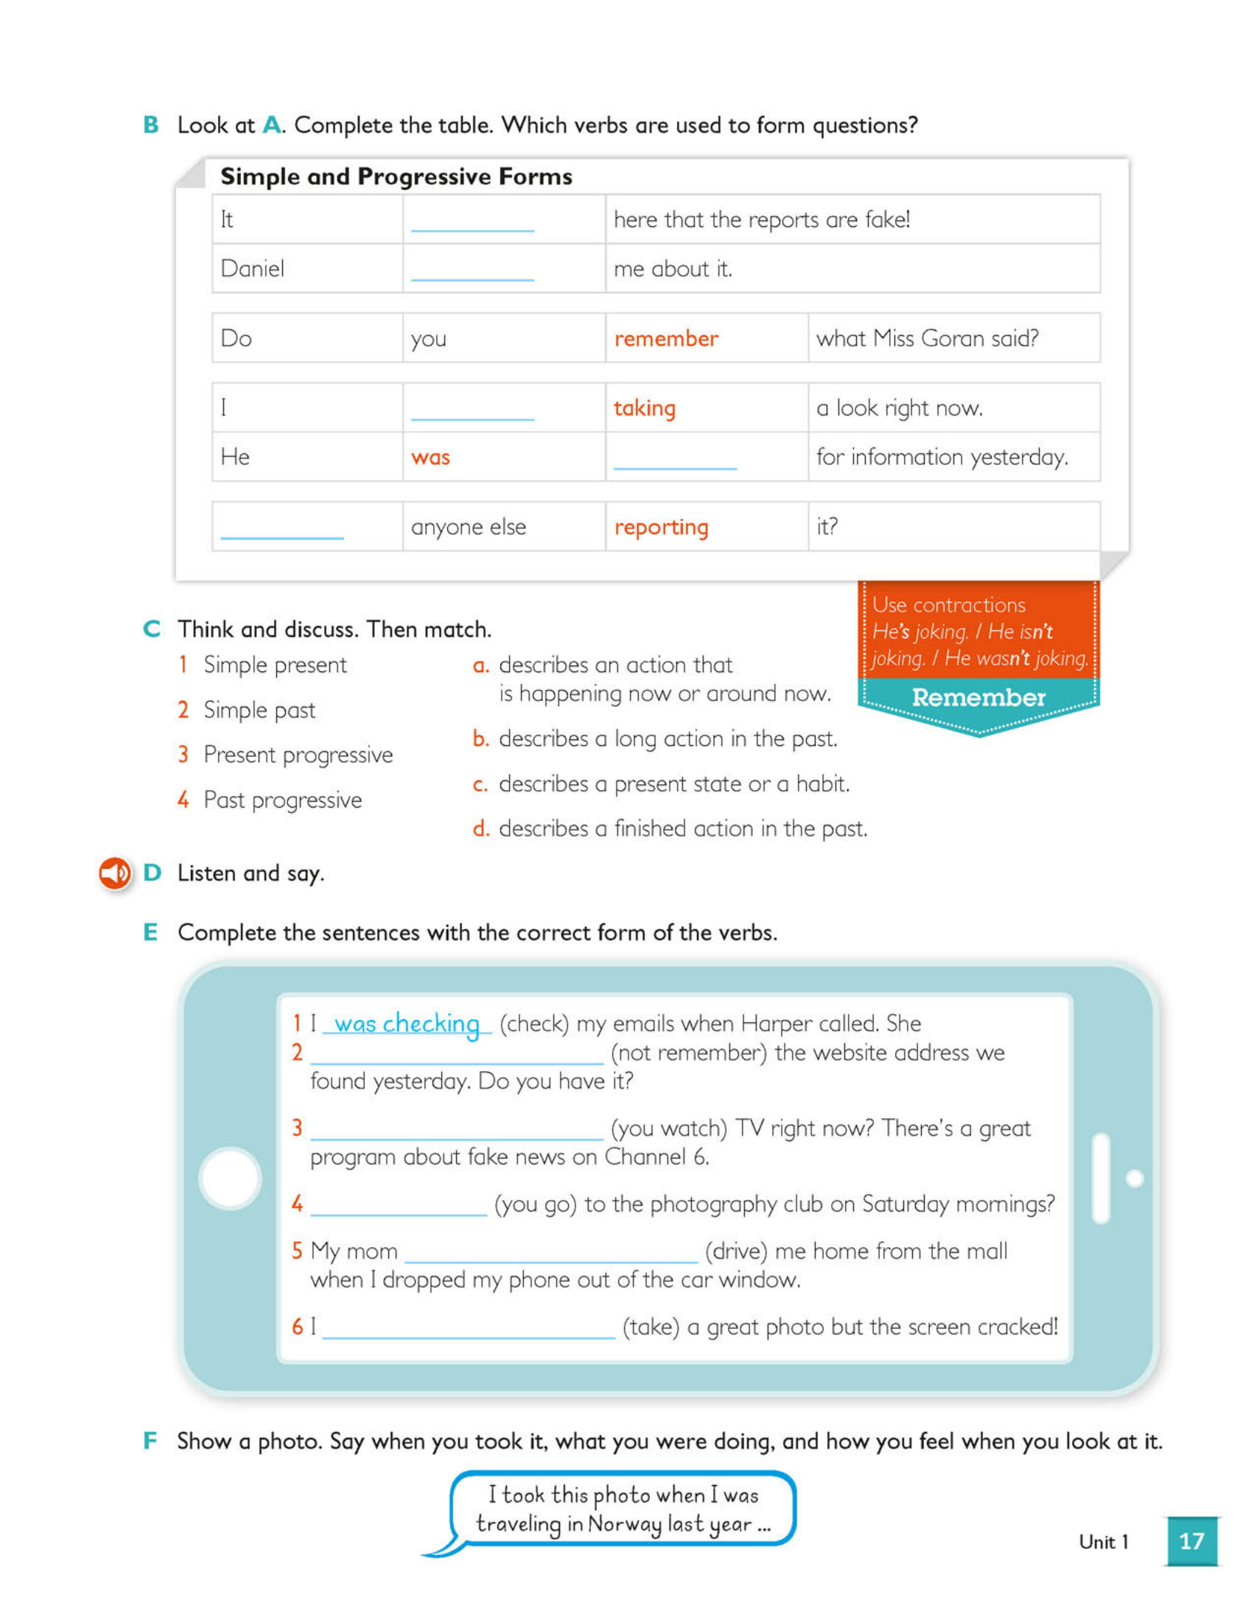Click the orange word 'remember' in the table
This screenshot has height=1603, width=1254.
[665, 338]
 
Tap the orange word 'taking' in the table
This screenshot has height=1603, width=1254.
[644, 408]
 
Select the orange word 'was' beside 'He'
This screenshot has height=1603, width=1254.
[430, 457]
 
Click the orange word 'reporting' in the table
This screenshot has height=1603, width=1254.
[661, 527]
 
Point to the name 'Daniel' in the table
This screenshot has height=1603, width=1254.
[252, 268]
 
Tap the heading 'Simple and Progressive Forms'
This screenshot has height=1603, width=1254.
[396, 176]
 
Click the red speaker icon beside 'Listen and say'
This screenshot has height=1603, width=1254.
[115, 873]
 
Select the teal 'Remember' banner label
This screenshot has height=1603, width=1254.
[978, 697]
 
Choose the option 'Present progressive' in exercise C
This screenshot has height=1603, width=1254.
[298, 755]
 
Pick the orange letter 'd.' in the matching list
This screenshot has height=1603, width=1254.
[480, 828]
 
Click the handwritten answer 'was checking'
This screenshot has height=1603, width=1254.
[407, 1023]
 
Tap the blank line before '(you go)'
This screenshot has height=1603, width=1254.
[399, 1206]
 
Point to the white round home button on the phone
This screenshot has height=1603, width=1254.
[230, 1178]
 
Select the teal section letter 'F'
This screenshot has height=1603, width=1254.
[150, 1440]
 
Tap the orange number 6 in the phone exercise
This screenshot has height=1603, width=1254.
[297, 1327]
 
